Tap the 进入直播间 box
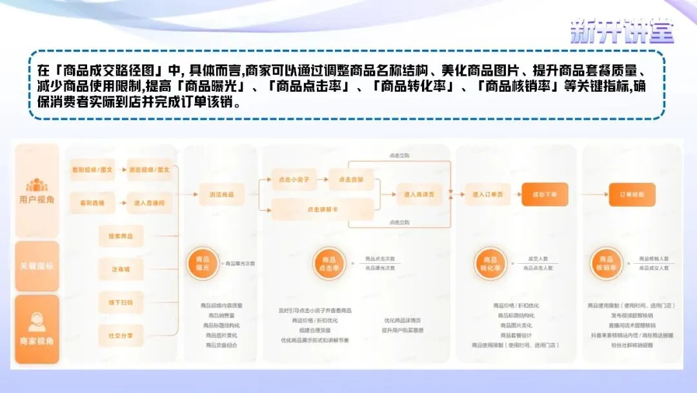pos(148,203)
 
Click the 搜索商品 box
pos(121,237)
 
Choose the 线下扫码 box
pos(121,303)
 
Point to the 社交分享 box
pos(121,335)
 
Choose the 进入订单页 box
pos(488,194)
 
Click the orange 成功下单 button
pos(545,194)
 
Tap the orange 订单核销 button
pos(632,194)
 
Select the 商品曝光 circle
pos(203,264)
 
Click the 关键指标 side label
pos(37,266)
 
